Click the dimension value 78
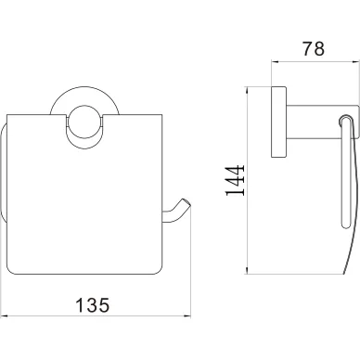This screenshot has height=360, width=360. pos(314,48)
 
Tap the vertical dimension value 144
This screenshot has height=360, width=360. pos(235,180)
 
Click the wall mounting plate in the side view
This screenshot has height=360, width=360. pos(278,122)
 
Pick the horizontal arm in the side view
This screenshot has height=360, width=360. pos(323,122)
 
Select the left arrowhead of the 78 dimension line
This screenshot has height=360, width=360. pos(276,61)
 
